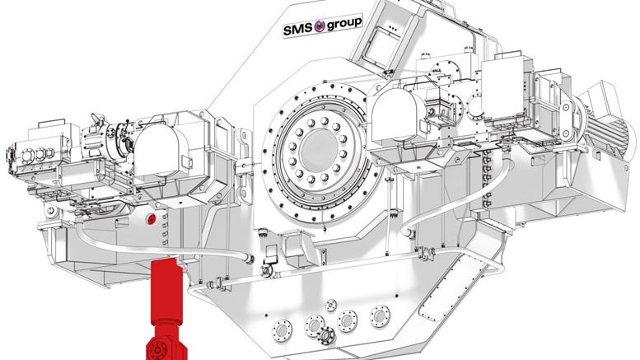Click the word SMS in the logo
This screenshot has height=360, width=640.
tap(298, 30)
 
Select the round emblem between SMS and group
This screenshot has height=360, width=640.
tap(320, 26)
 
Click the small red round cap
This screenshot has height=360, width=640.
tap(152, 219)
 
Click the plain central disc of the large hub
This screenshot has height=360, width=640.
tap(320, 151)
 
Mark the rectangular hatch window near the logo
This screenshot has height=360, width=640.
tap(381, 45)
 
